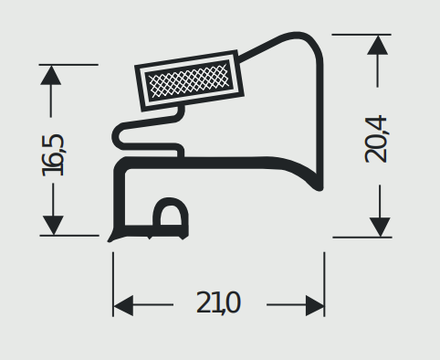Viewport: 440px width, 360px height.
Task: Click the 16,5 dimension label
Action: (53, 155)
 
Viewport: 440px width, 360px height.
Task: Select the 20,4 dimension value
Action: (376, 139)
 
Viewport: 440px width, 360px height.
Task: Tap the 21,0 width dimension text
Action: (218, 302)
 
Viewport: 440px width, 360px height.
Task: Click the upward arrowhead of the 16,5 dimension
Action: (51, 75)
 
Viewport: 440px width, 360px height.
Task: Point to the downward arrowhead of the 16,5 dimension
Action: (53, 226)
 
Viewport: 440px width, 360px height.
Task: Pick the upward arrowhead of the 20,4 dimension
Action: (378, 45)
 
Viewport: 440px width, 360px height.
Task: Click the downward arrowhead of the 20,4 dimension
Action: (380, 227)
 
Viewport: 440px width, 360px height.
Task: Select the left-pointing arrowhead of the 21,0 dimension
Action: (123, 305)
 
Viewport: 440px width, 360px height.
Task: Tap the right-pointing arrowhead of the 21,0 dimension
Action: (315, 305)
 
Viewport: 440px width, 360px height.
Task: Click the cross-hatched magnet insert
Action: (189, 79)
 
